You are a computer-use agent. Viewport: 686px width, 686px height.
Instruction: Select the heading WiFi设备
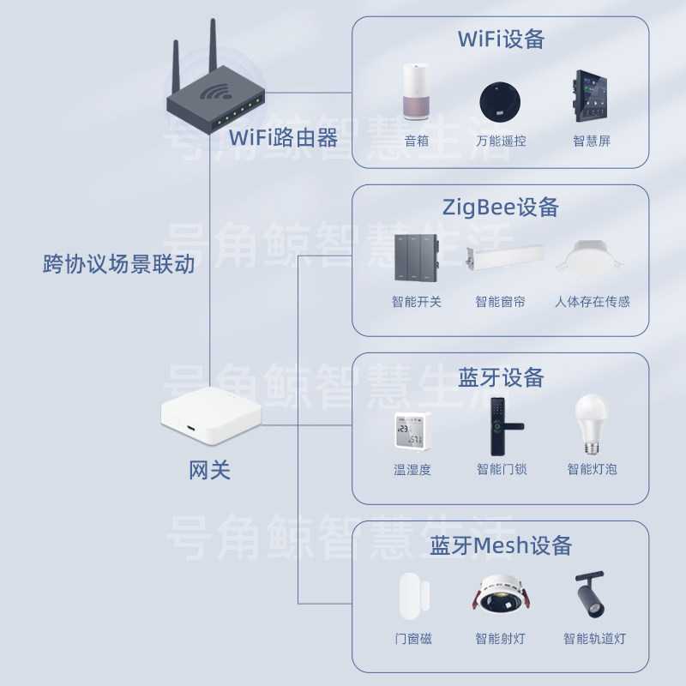coord(501,39)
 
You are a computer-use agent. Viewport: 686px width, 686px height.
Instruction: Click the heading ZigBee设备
coord(501,208)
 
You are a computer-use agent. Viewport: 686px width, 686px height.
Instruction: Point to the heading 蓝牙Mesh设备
coord(501,545)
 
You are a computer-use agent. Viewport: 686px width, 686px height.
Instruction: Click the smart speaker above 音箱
coord(417,93)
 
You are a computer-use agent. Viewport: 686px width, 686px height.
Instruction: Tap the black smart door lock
coord(501,427)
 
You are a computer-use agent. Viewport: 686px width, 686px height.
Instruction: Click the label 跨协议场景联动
coord(119,264)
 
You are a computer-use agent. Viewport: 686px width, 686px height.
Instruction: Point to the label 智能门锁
coord(502,469)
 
